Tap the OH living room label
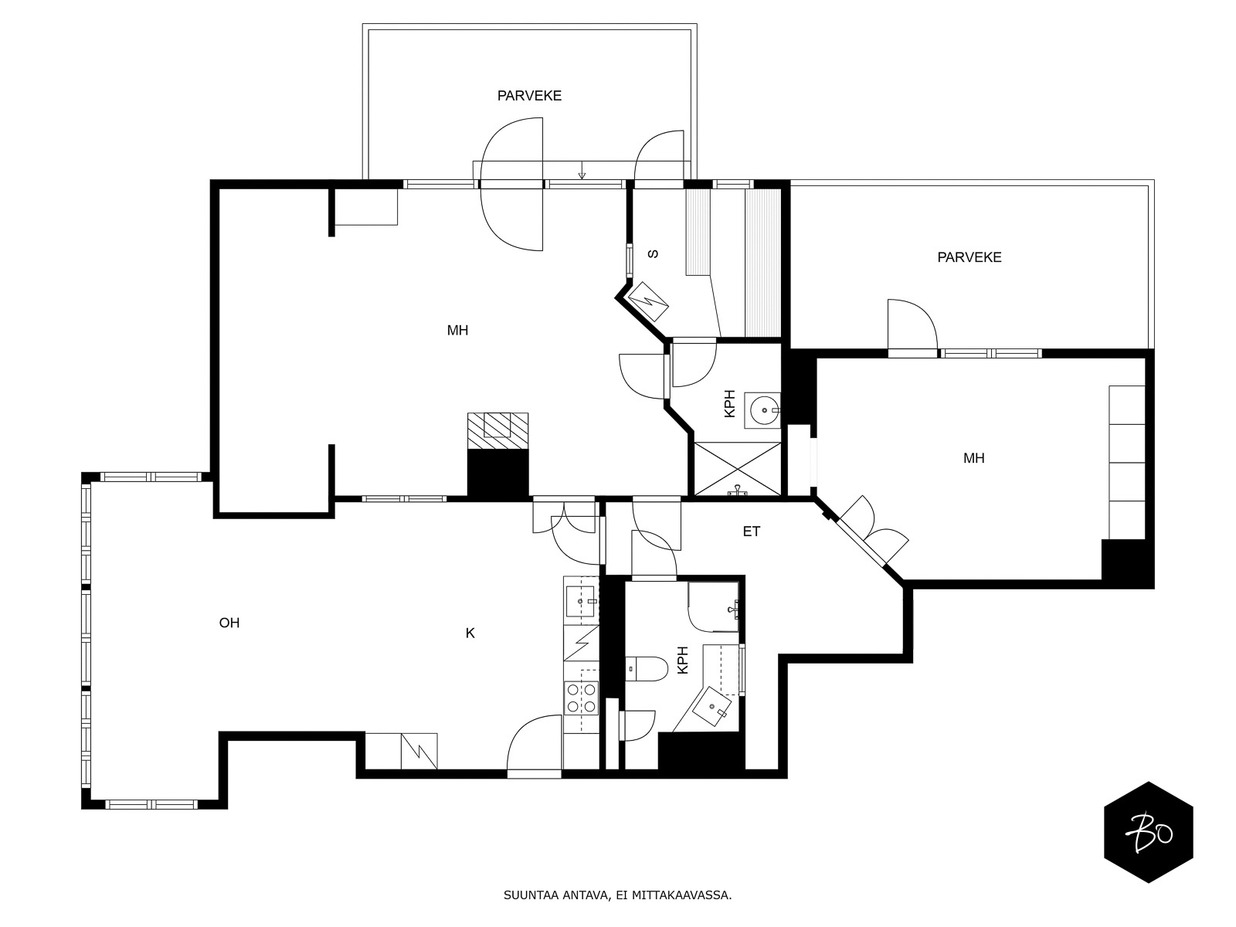[229, 623]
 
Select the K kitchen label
[470, 633]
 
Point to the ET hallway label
[751, 531]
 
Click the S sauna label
[654, 254]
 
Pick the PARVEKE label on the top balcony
[529, 96]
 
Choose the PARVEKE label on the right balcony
[969, 257]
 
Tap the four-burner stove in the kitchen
[582, 698]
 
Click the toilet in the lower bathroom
[646, 669]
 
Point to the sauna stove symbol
[647, 301]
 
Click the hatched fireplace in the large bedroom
[497, 431]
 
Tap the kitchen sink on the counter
[581, 602]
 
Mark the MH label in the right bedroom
[973, 458]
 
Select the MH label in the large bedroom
[457, 331]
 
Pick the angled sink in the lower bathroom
[711, 706]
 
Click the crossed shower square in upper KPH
[737, 469]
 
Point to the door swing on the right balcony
[912, 324]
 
